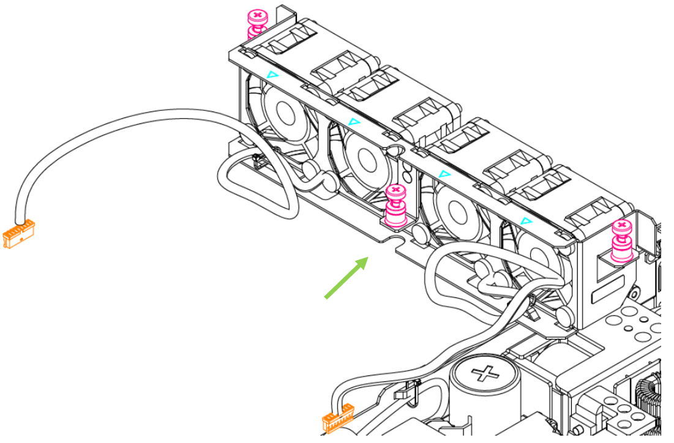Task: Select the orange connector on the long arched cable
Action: coord(19,235)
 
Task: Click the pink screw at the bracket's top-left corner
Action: coord(257,23)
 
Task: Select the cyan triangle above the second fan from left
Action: coord(353,122)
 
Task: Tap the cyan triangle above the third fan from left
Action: coord(445,174)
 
